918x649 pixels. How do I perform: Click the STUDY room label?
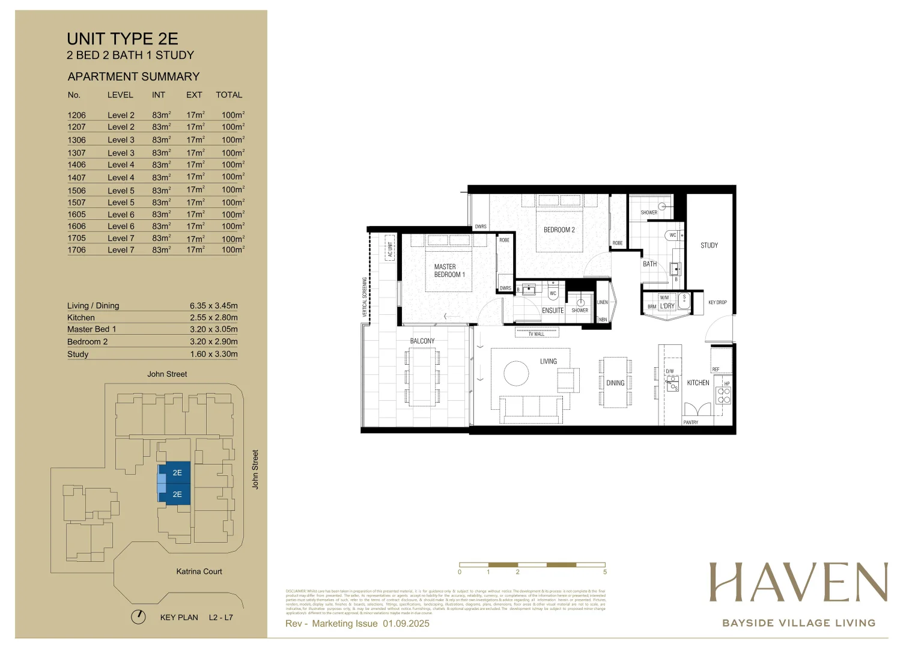coord(709,245)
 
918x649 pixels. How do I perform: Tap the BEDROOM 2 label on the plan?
coord(559,230)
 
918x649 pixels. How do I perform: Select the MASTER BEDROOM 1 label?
coord(449,270)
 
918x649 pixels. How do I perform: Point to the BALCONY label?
coord(422,341)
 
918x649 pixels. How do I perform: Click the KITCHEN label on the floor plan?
coord(698,382)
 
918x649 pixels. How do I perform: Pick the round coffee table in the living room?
coord(516,373)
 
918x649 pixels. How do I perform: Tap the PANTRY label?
coord(690,422)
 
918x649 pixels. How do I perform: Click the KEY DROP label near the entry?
coord(717,302)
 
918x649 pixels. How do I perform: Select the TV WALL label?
coord(536,334)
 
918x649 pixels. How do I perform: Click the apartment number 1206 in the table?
coord(76,115)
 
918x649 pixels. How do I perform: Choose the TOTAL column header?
coord(229,95)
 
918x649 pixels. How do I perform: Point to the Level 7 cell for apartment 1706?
coord(121,250)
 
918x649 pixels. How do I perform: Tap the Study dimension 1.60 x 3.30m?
coord(213,354)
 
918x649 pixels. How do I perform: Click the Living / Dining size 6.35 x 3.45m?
coord(213,305)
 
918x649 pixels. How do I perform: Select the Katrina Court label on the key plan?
coord(199,571)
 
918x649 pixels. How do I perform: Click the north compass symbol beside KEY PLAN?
coord(138,617)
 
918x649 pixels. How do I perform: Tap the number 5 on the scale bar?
coord(605,572)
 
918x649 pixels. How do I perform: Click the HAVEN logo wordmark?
coord(798,582)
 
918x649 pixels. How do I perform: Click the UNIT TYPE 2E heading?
coord(123,39)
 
